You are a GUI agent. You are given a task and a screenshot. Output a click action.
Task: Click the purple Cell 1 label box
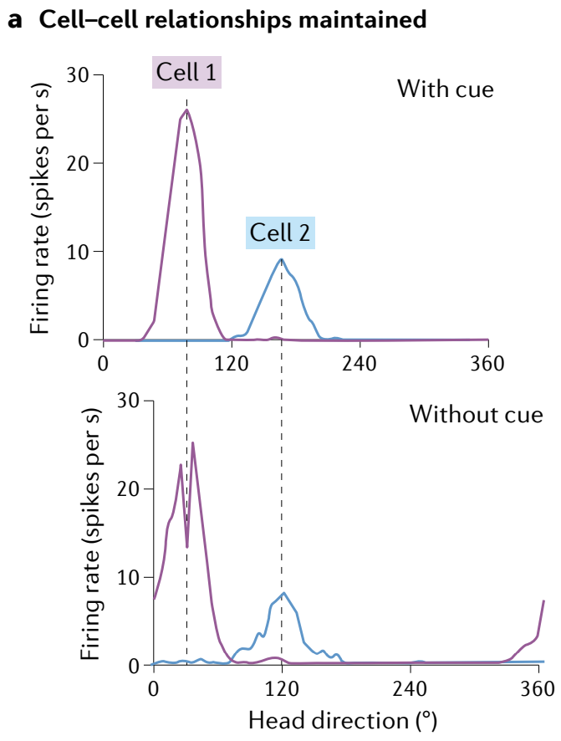click(186, 73)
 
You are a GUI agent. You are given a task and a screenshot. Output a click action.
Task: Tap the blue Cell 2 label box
click(280, 233)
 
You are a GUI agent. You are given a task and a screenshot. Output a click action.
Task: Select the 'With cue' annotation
click(445, 88)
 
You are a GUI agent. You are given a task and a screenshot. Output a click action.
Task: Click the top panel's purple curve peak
click(186, 110)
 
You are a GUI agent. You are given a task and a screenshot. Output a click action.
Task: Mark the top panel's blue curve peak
click(282, 259)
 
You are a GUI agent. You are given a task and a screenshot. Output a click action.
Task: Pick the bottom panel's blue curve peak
click(284, 593)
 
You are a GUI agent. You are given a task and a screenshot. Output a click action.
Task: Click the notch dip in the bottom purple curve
click(187, 547)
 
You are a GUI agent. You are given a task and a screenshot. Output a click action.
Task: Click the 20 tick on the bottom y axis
click(133, 488)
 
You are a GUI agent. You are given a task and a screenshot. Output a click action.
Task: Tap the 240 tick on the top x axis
click(359, 363)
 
